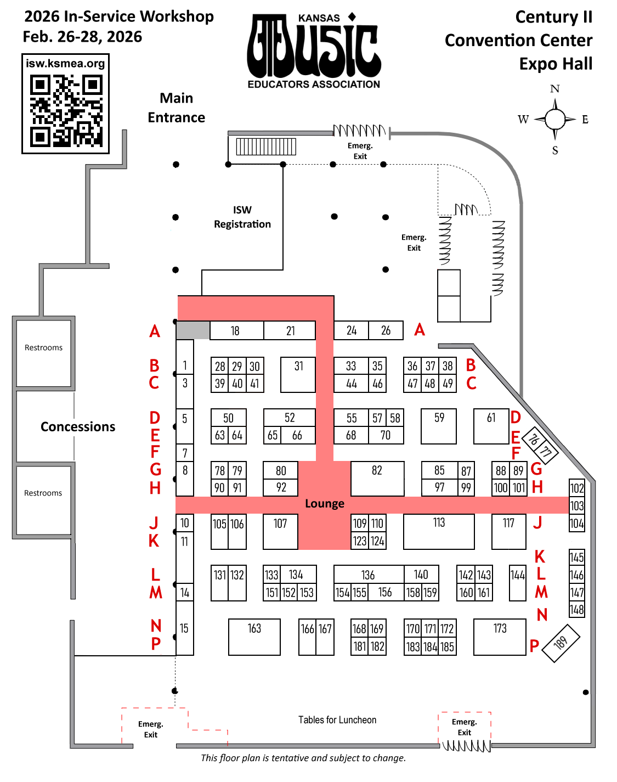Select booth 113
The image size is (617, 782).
click(x=439, y=531)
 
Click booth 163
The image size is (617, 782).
click(x=254, y=637)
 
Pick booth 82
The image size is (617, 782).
click(x=377, y=479)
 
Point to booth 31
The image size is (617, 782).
click(x=298, y=374)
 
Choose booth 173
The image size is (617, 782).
click(x=500, y=637)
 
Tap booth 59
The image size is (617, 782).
click(x=439, y=426)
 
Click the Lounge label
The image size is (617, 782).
click(x=325, y=504)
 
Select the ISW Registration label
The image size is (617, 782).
click(x=242, y=217)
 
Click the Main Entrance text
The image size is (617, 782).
click(x=176, y=108)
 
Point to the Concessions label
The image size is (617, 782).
click(x=78, y=427)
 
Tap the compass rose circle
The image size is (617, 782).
click(x=555, y=119)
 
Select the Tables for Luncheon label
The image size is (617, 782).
click(x=337, y=720)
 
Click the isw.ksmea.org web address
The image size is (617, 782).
click(x=65, y=64)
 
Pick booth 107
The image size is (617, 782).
click(x=280, y=531)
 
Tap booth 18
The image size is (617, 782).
click(x=235, y=331)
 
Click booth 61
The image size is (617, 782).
click(x=491, y=426)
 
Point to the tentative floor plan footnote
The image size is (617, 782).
click(x=303, y=758)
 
